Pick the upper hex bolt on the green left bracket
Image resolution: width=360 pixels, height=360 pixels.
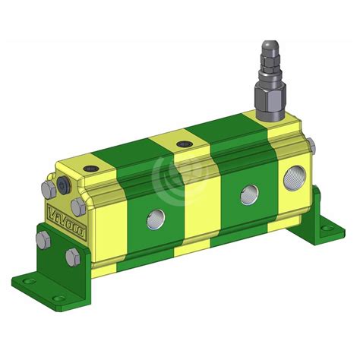[43, 239]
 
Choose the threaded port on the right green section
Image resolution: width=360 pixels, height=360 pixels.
[248, 194]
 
